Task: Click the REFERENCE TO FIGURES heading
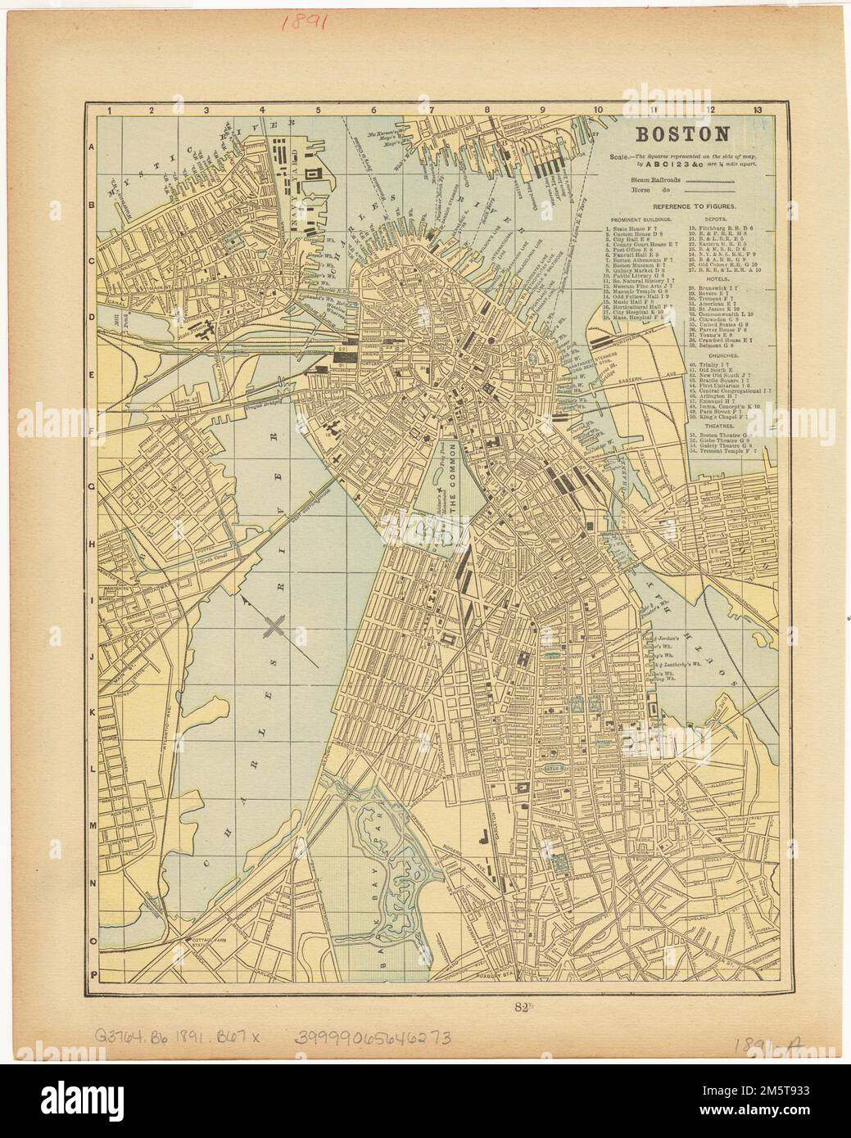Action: pos(686,208)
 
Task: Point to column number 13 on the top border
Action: pos(759,110)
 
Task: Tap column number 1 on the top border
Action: pos(108,110)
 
